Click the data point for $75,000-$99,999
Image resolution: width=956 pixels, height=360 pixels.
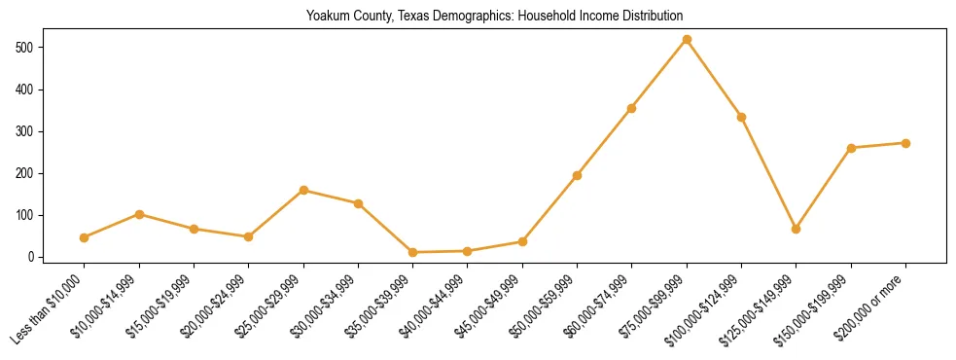[687, 40]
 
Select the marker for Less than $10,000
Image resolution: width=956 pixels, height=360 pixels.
[85, 237]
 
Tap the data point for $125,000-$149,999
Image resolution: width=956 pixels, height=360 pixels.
[797, 229]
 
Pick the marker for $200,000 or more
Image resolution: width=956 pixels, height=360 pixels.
[905, 143]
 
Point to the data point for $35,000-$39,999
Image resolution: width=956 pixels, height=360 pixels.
[413, 252]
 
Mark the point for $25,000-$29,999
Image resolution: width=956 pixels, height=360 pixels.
[303, 191]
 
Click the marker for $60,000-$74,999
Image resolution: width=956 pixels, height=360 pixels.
[632, 108]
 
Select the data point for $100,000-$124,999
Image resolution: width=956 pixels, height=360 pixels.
[741, 117]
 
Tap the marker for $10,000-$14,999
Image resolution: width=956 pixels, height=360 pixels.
[139, 214]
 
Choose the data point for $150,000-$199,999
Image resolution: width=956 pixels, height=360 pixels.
[851, 148]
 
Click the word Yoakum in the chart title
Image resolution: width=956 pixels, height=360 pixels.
[326, 17]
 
